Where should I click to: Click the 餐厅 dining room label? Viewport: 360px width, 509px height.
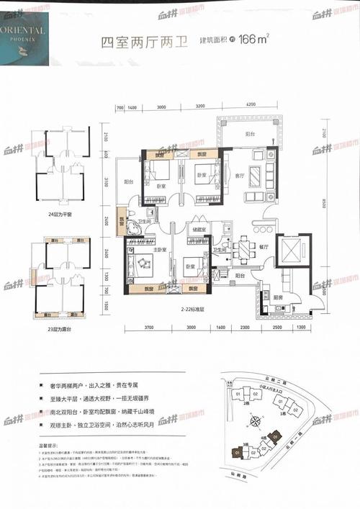pos(264,247)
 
